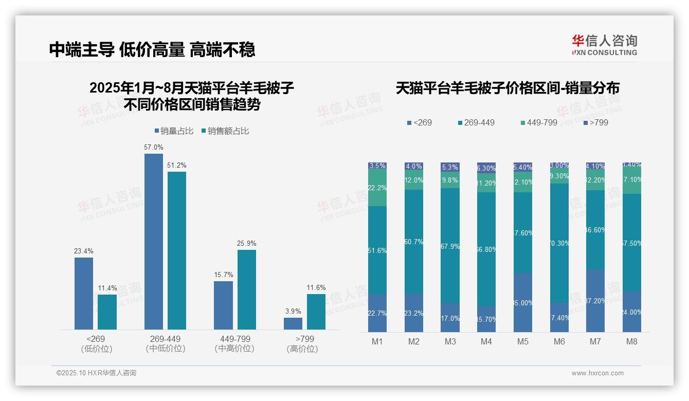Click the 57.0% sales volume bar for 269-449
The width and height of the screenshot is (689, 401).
pyautogui.click(x=153, y=242)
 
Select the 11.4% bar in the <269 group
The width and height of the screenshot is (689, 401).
pyautogui.click(x=107, y=312)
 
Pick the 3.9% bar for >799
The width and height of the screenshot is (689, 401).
pyautogui.click(x=293, y=323)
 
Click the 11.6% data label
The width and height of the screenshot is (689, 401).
pyautogui.click(x=316, y=287)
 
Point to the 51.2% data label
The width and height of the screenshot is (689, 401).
pyautogui.click(x=177, y=165)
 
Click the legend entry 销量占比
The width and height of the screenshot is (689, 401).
pyautogui.click(x=174, y=131)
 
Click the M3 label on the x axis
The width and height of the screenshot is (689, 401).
pyautogui.click(x=450, y=341)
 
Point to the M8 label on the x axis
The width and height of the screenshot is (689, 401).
pyautogui.click(x=632, y=341)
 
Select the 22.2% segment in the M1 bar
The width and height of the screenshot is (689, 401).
pyautogui.click(x=377, y=188)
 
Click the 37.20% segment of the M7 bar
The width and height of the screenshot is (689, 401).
pyautogui.click(x=595, y=300)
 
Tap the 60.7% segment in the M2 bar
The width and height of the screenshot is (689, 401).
pyautogui.click(x=414, y=241)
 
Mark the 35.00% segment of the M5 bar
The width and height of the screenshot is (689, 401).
pyautogui.click(x=523, y=302)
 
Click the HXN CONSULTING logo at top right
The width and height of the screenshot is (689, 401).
pyautogui.click(x=604, y=45)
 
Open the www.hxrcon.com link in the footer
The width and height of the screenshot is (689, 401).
pyautogui.click(x=597, y=373)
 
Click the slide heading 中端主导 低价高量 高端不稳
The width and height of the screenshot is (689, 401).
pyautogui.click(x=152, y=49)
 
